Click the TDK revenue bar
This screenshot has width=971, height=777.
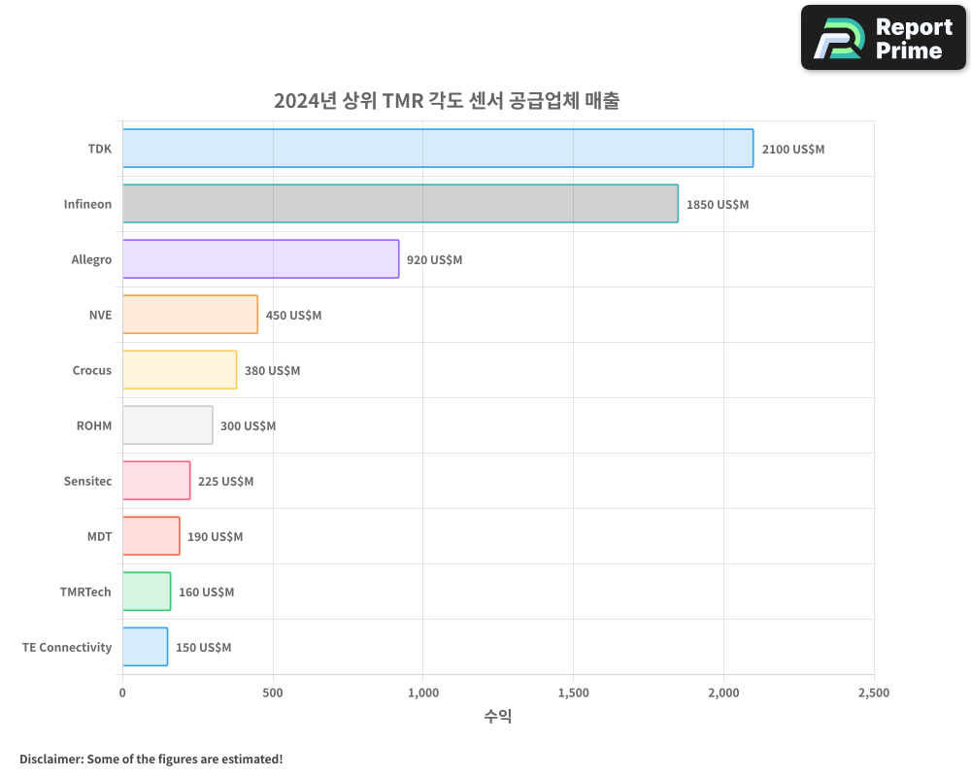coord(437,149)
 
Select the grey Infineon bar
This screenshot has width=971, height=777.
coord(400,204)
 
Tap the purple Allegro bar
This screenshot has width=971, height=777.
coord(260,259)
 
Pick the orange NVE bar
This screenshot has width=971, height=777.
coord(190,315)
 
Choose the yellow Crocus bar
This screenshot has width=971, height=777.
coord(180,370)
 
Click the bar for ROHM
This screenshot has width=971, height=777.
coord(167,425)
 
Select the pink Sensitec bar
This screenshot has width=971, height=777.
coord(156,481)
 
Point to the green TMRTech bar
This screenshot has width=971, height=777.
coord(147,591)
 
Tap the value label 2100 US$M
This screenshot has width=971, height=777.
coord(792,150)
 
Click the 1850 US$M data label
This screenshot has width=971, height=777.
coord(717,205)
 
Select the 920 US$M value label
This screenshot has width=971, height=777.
coord(434,260)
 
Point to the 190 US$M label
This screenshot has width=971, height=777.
coord(215,537)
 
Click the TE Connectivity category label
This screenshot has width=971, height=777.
coord(67,648)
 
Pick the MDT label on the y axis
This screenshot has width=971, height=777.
coord(99,537)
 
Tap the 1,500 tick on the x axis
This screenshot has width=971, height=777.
coord(573,693)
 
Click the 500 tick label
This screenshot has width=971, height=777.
coord(273,693)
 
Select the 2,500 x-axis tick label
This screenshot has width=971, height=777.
coord(873,693)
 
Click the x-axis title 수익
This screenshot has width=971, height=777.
coord(497,717)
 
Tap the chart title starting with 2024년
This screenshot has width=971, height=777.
coord(446,101)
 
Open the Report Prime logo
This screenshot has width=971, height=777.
coord(883,38)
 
